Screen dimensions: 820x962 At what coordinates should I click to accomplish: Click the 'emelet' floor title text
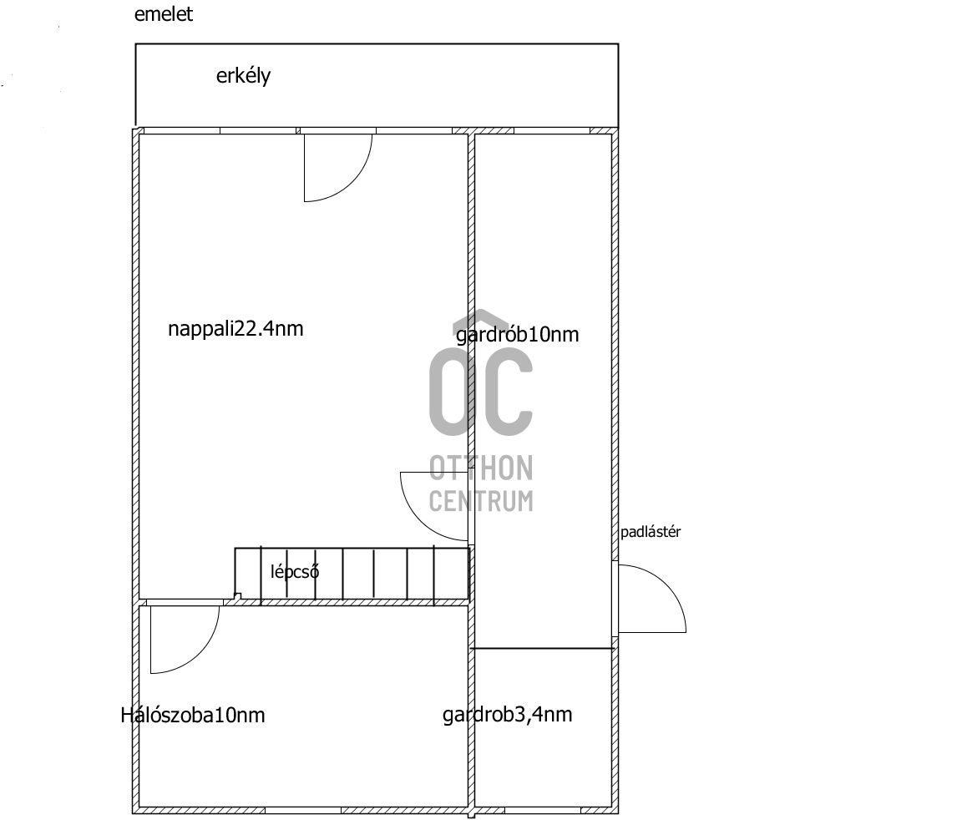164,14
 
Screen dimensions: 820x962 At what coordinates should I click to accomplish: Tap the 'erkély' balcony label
243,76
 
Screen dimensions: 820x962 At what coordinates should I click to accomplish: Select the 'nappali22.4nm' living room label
235,328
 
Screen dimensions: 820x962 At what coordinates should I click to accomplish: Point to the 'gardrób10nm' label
517,335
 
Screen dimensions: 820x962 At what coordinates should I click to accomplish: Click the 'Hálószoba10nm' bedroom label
193,715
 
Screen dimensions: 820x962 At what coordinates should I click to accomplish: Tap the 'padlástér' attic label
650,532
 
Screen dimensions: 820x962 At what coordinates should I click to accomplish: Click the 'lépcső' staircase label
295,572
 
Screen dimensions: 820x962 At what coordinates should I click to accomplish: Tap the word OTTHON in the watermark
481,468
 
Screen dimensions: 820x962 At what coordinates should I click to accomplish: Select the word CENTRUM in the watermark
481,500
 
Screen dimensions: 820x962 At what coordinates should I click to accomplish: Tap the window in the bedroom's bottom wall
302,810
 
